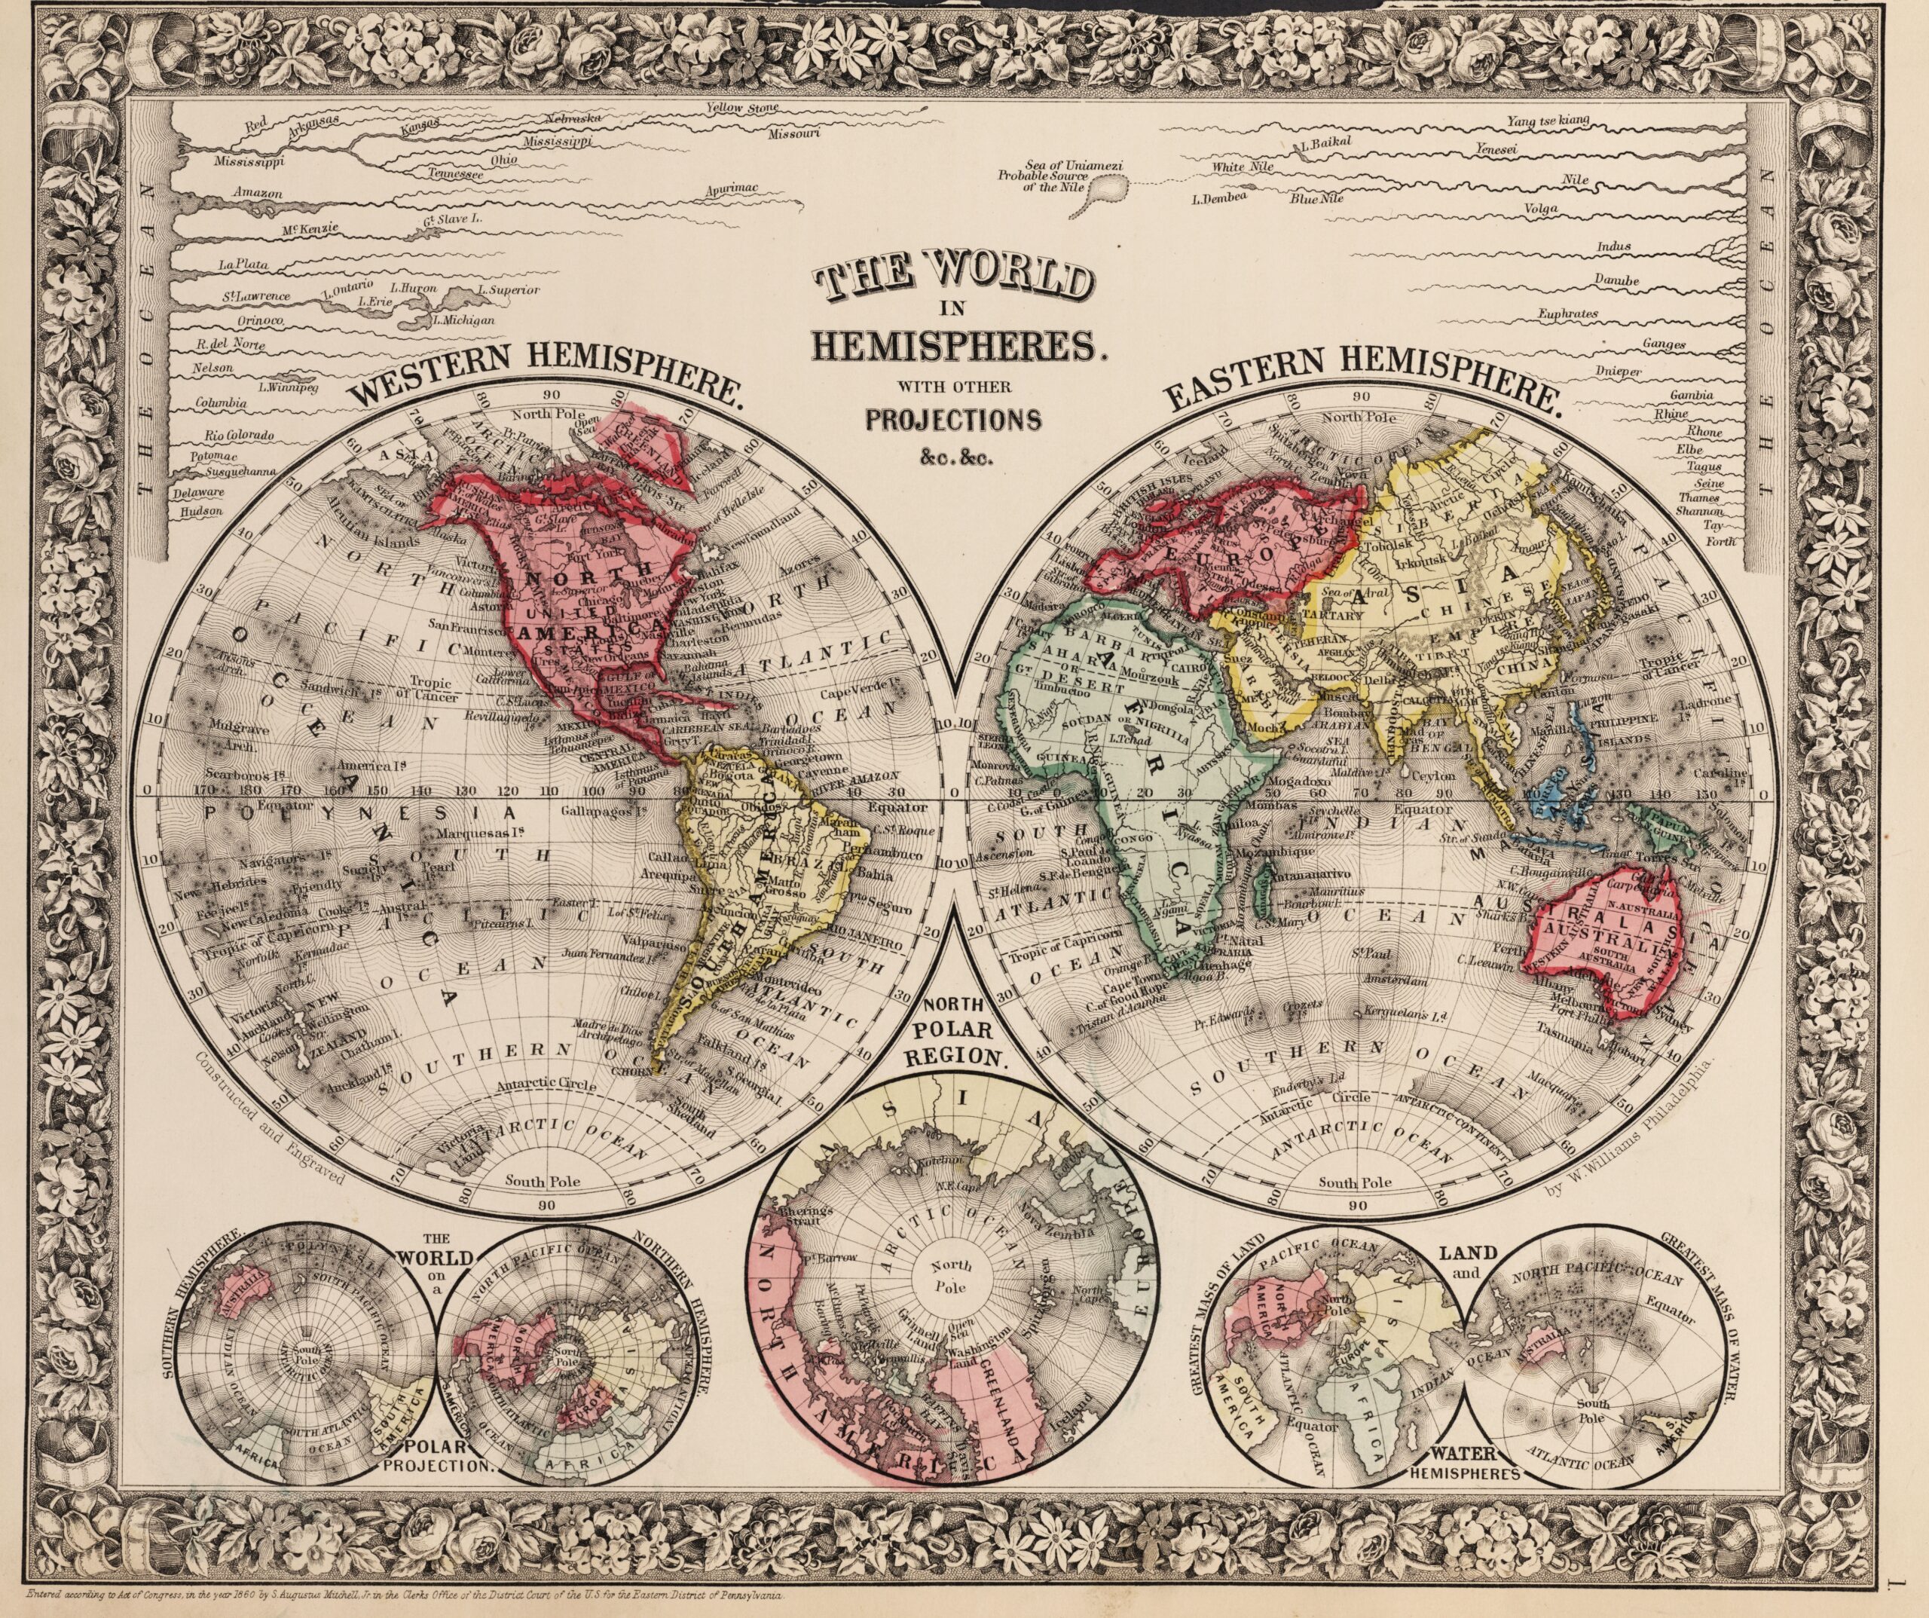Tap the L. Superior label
pos(508,290)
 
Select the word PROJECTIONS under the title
pos(953,419)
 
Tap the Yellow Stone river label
pos(742,108)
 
